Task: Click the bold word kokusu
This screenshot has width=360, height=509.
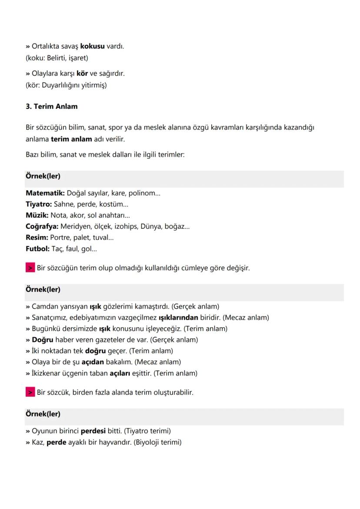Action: point(93,46)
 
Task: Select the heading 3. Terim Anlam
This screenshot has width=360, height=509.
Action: point(51,106)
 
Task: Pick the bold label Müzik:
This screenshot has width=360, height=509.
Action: point(37,215)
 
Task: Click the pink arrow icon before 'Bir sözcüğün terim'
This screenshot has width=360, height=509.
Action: point(30,268)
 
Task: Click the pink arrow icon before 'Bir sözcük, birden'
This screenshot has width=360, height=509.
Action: point(30,393)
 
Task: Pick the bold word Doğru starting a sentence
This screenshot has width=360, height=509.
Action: point(41,339)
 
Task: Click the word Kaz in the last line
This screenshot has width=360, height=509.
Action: point(37,442)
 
